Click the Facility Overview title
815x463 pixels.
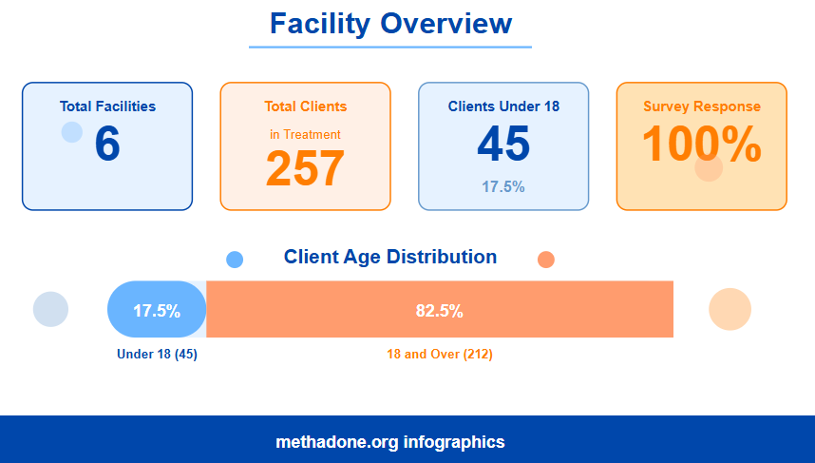(x=390, y=24)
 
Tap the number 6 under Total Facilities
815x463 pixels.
(x=107, y=145)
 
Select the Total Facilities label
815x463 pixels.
(x=107, y=106)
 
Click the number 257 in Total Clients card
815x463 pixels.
(x=305, y=168)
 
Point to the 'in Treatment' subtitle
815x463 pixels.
(x=305, y=135)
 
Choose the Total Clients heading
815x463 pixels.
(x=305, y=106)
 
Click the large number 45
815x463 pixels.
(x=503, y=145)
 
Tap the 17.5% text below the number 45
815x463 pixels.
(x=503, y=187)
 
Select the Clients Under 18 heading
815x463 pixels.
(x=503, y=106)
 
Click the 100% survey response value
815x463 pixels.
(x=701, y=145)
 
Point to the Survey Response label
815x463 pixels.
(x=701, y=106)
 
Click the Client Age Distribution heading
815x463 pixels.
(x=390, y=257)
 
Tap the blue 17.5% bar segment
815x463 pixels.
(x=157, y=310)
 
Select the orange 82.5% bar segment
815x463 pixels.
(x=440, y=310)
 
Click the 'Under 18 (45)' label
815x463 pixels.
(x=157, y=355)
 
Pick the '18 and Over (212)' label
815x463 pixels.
(x=440, y=355)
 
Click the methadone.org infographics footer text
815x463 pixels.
(x=390, y=442)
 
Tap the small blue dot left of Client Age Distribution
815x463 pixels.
(x=235, y=260)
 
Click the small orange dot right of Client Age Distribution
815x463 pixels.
(x=545, y=260)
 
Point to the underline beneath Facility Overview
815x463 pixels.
(x=390, y=47)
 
